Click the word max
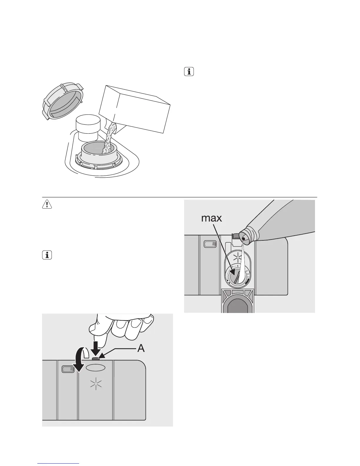point(212,218)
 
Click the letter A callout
point(141,348)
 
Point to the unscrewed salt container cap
point(63,101)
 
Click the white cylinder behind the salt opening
point(87,128)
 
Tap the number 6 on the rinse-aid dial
point(237,266)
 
